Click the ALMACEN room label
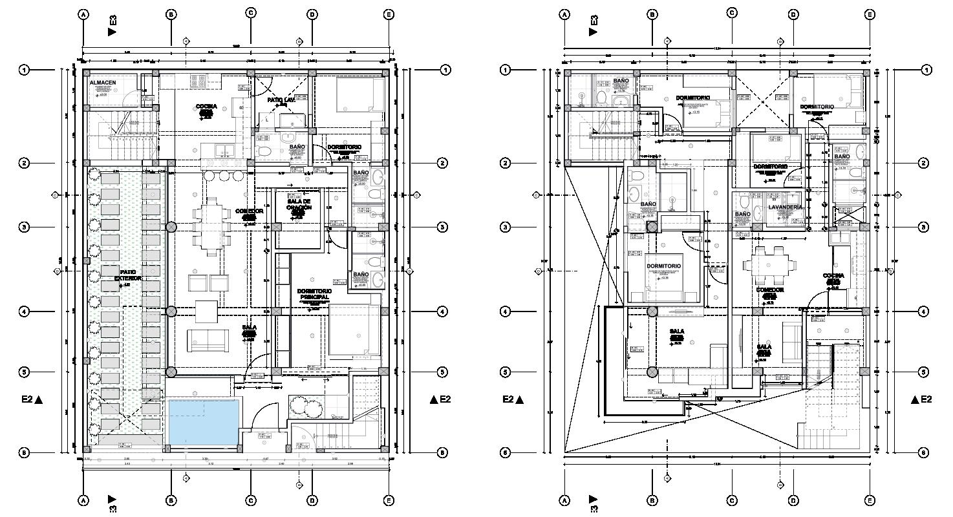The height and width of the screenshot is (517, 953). pos(103,83)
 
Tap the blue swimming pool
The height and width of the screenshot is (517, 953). pos(201,421)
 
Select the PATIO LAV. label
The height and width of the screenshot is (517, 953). pos(281,101)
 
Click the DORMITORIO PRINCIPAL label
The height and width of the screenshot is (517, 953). pos(315,294)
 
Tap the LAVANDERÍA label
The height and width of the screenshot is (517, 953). pos(785,207)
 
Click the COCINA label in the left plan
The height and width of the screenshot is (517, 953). pos(206,107)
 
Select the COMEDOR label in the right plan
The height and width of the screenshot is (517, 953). pos(769,290)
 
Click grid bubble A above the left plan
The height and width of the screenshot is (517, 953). pos(83,14)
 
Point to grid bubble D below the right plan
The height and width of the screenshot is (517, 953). pos(793,500)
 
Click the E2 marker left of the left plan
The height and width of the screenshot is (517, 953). pos(32,400)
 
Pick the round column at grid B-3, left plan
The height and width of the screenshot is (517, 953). pos(171,227)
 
